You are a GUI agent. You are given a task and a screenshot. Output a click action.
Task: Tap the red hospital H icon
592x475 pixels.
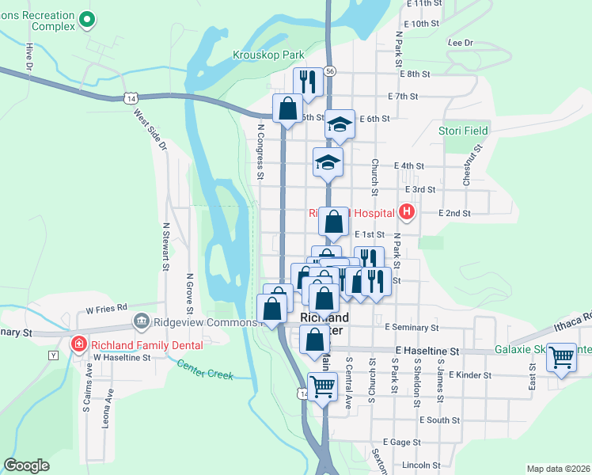tap(407, 211)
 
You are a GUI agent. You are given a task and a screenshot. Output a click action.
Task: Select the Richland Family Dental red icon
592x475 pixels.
tap(79, 344)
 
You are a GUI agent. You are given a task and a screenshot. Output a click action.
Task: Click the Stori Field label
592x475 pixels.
tap(464, 130)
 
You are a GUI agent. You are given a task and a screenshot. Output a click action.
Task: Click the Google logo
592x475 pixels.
tap(26, 465)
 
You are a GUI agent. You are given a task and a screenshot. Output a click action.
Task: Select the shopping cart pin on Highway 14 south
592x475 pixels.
tap(322, 387)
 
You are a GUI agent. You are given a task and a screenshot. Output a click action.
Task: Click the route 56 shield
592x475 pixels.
tap(330, 71)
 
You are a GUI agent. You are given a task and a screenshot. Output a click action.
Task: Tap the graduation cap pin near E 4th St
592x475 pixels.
tap(328, 161)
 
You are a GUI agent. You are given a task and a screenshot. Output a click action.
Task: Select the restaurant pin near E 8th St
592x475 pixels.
tap(308, 81)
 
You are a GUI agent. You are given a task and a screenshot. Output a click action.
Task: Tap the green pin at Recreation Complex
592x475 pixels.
tap(86, 20)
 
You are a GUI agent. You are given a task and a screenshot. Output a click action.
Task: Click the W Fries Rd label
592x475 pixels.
tap(107, 308)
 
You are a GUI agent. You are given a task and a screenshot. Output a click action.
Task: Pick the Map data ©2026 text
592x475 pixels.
tap(559, 468)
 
